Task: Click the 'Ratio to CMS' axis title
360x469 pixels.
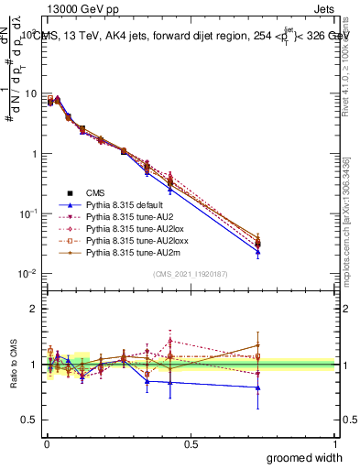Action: click(x=12, y=362)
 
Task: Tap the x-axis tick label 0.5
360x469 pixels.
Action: click(x=191, y=443)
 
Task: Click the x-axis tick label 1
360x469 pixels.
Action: click(x=335, y=443)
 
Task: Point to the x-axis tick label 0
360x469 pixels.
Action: click(x=46, y=443)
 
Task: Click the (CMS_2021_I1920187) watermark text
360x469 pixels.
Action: click(x=190, y=274)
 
